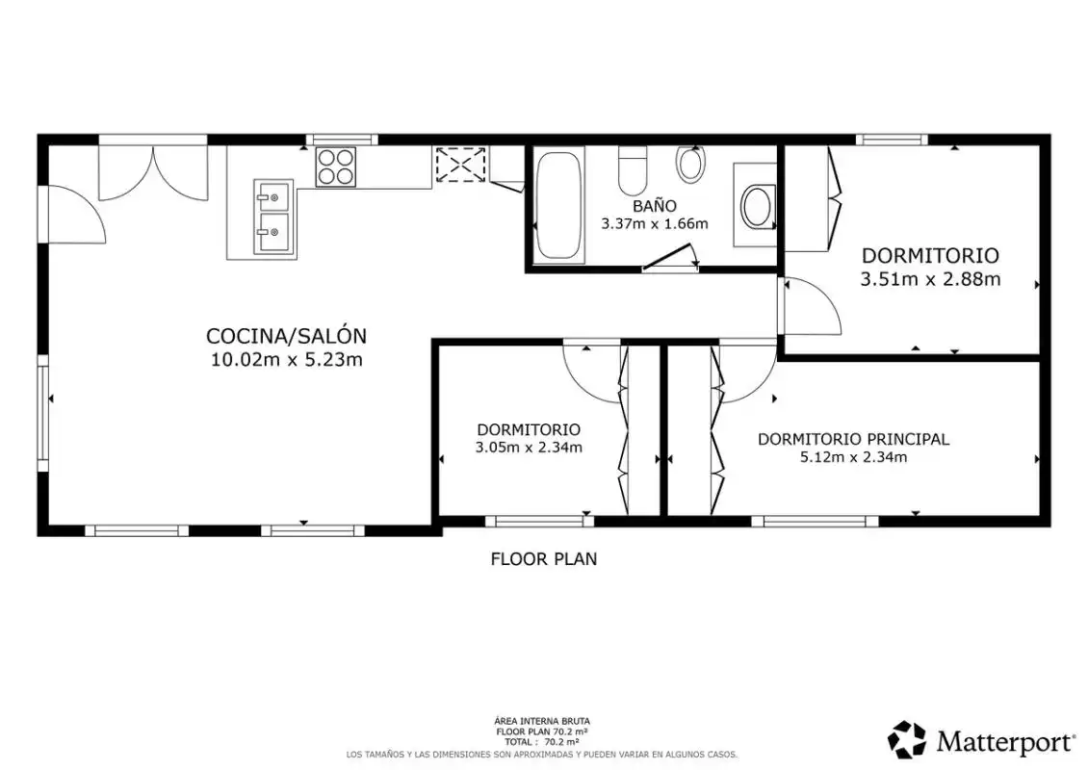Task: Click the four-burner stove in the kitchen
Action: click(x=336, y=167)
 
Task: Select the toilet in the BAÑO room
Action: click(x=633, y=170)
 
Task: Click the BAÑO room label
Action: click(x=655, y=206)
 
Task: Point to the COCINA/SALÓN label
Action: click(x=287, y=336)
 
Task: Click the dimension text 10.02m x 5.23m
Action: click(x=287, y=360)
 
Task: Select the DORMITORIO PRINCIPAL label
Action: click(x=853, y=439)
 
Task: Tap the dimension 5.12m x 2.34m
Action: click(x=853, y=457)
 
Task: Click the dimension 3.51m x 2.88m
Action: click(x=930, y=279)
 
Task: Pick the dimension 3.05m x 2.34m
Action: click(x=529, y=448)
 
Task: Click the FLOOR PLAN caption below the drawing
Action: click(x=544, y=559)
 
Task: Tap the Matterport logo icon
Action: click(x=907, y=739)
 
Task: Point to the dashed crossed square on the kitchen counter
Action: click(x=461, y=166)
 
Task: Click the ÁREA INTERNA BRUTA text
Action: click(x=543, y=722)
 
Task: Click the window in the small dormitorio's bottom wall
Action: click(x=539, y=521)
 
